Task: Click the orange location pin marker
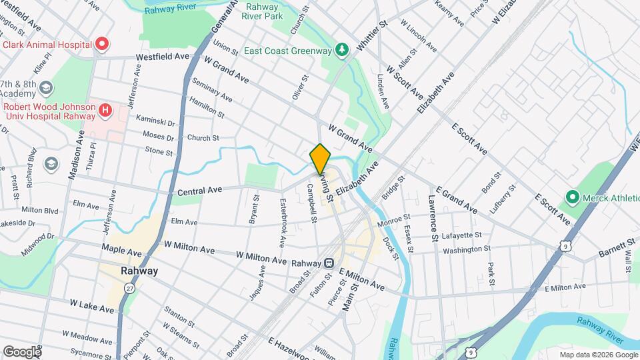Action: click(321, 159)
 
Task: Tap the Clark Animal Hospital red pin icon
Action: click(102, 45)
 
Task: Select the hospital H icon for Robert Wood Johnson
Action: click(105, 109)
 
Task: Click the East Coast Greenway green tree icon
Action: click(342, 49)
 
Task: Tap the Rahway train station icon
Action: click(329, 263)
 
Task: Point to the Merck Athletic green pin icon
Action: click(571, 197)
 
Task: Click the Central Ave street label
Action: click(199, 191)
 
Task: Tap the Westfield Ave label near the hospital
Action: click(163, 57)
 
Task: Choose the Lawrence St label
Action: click(433, 218)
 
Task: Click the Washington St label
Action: click(467, 248)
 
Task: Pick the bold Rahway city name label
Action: click(139, 271)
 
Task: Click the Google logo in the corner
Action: click(22, 351)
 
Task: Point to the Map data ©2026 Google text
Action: click(599, 355)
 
